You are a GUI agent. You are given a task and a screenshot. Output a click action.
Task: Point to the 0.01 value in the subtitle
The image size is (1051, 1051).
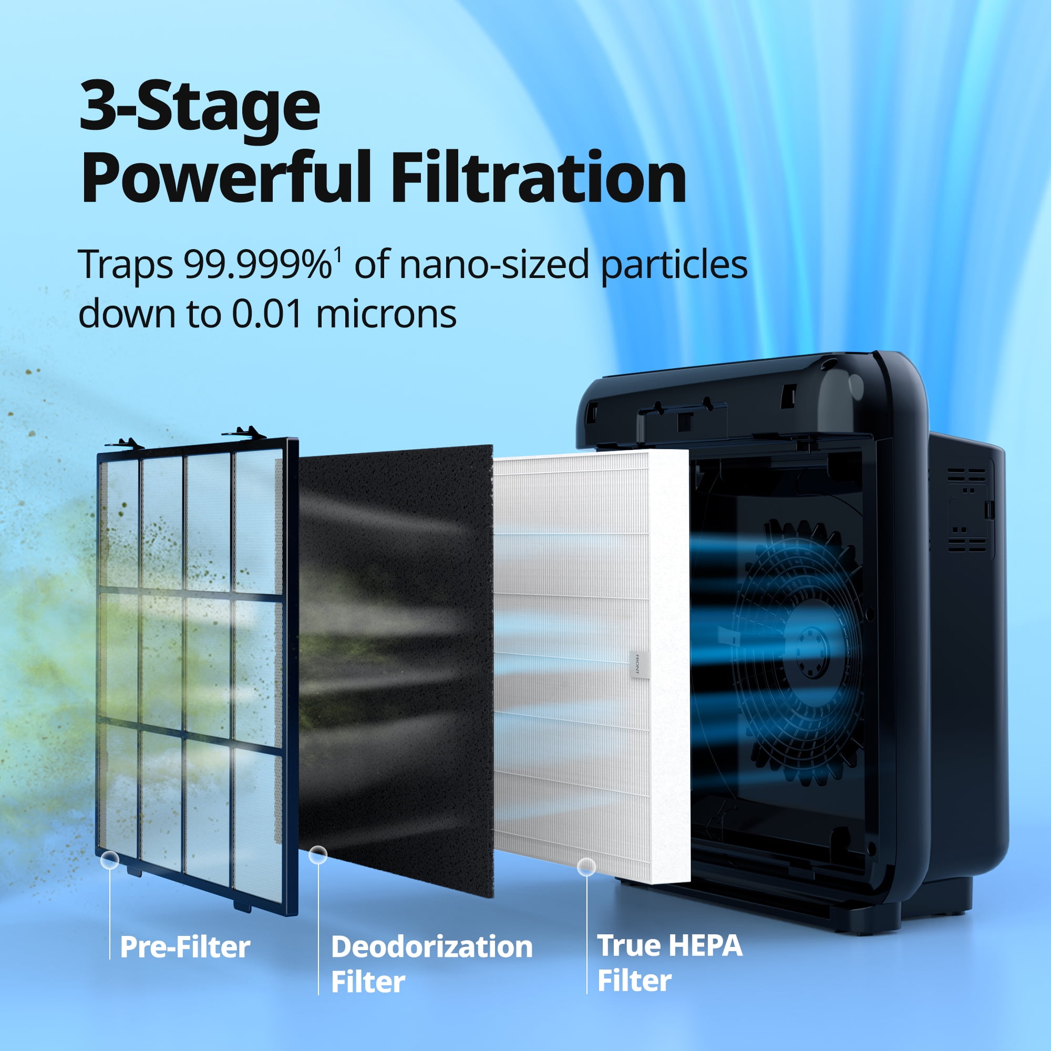click(267, 314)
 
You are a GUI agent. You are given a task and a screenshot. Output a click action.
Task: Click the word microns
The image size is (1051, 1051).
click(386, 314)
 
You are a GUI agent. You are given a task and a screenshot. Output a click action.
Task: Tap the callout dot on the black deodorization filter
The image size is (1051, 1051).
click(318, 854)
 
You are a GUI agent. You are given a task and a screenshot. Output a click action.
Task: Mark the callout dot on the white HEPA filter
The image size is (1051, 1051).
click(586, 867)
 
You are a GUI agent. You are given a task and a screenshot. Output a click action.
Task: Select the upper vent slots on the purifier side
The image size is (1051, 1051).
click(966, 475)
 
